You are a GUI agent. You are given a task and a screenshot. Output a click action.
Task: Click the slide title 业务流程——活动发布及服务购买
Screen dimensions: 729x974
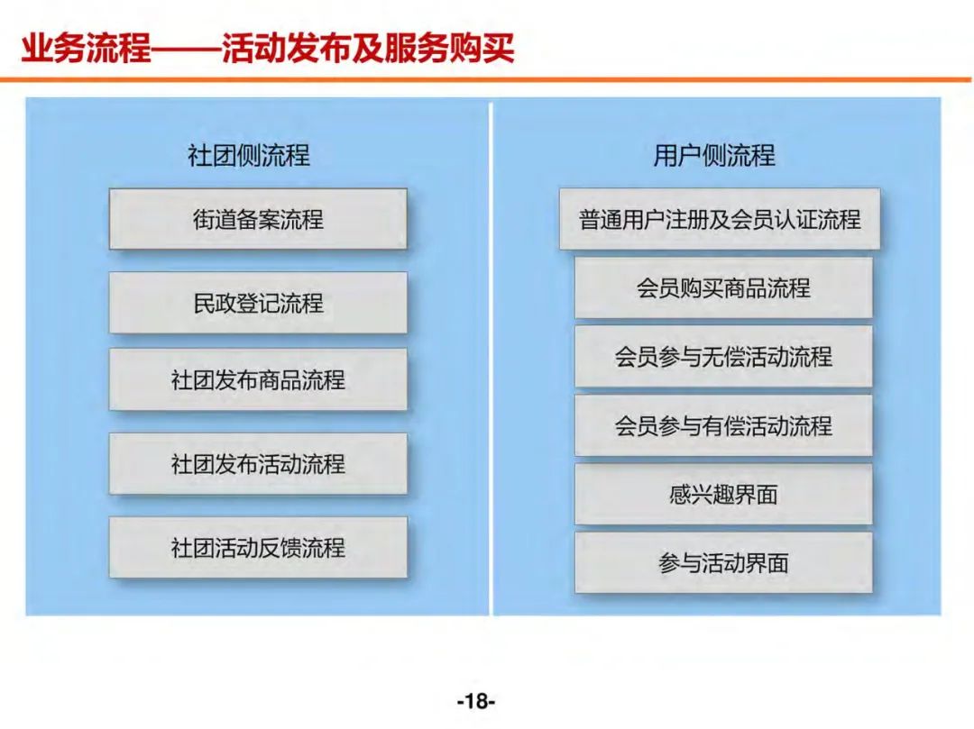[x=268, y=48]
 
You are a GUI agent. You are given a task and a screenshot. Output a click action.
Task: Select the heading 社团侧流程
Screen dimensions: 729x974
[x=248, y=156]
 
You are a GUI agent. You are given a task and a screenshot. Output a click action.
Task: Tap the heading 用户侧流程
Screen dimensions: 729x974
[x=713, y=156]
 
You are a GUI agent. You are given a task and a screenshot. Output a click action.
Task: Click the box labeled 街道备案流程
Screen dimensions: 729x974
[x=258, y=219]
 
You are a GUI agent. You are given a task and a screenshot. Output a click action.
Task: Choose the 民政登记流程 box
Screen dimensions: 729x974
[x=258, y=303]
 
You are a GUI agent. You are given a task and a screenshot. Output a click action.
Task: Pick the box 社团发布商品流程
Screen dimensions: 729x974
[x=258, y=379]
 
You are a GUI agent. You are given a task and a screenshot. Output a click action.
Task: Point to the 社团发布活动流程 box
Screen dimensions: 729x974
[x=258, y=463]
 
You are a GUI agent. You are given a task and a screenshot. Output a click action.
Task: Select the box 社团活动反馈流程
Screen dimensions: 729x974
[x=258, y=547]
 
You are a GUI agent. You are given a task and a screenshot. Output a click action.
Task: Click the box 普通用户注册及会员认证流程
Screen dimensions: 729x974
[x=719, y=219]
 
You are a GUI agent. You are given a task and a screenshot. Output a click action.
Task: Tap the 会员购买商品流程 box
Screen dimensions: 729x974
[x=723, y=287]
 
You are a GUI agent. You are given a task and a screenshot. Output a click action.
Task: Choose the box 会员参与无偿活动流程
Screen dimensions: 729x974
[x=723, y=356]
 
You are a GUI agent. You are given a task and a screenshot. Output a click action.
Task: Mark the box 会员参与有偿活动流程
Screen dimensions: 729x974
[x=723, y=424]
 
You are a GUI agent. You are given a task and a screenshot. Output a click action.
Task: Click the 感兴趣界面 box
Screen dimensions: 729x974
[x=723, y=494]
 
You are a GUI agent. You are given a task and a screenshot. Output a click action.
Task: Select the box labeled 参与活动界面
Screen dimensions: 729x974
[x=723, y=562]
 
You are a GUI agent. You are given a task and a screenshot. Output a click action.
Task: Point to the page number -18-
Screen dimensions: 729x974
[x=476, y=700]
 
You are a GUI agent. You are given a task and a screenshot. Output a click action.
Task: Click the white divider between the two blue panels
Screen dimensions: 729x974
[x=491, y=360]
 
